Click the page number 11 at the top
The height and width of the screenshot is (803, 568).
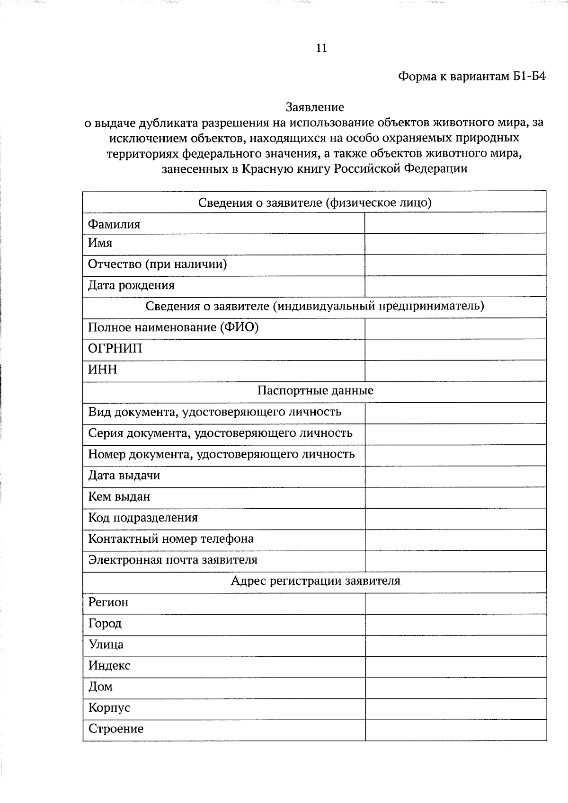[x=321, y=48]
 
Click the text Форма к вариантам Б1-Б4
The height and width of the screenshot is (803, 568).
[x=471, y=76]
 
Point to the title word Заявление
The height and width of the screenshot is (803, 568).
[x=315, y=107]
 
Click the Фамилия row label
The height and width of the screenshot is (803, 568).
[x=114, y=224]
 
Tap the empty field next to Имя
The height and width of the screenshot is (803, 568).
[x=455, y=244]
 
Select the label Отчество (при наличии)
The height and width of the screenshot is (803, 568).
[x=157, y=264]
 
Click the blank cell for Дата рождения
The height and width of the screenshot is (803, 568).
[x=455, y=286]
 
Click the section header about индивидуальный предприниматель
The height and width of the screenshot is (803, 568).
[x=315, y=306]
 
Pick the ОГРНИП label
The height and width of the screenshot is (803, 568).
[x=115, y=349]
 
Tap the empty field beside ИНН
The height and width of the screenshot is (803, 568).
[x=455, y=371]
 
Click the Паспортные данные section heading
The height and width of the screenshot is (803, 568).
[x=315, y=391]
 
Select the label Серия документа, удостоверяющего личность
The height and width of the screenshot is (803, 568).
[x=220, y=433]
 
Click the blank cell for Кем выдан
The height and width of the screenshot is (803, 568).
[x=455, y=497]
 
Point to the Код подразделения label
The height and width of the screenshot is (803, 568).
[x=143, y=518]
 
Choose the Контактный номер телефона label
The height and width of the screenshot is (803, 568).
[x=171, y=539]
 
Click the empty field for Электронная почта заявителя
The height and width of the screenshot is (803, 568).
[x=455, y=561]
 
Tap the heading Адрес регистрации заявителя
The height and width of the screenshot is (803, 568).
[x=315, y=581]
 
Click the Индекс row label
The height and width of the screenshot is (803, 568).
[x=109, y=666]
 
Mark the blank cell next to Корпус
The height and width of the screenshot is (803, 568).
[x=455, y=709]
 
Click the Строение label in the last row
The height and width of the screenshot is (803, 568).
[x=115, y=729]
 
